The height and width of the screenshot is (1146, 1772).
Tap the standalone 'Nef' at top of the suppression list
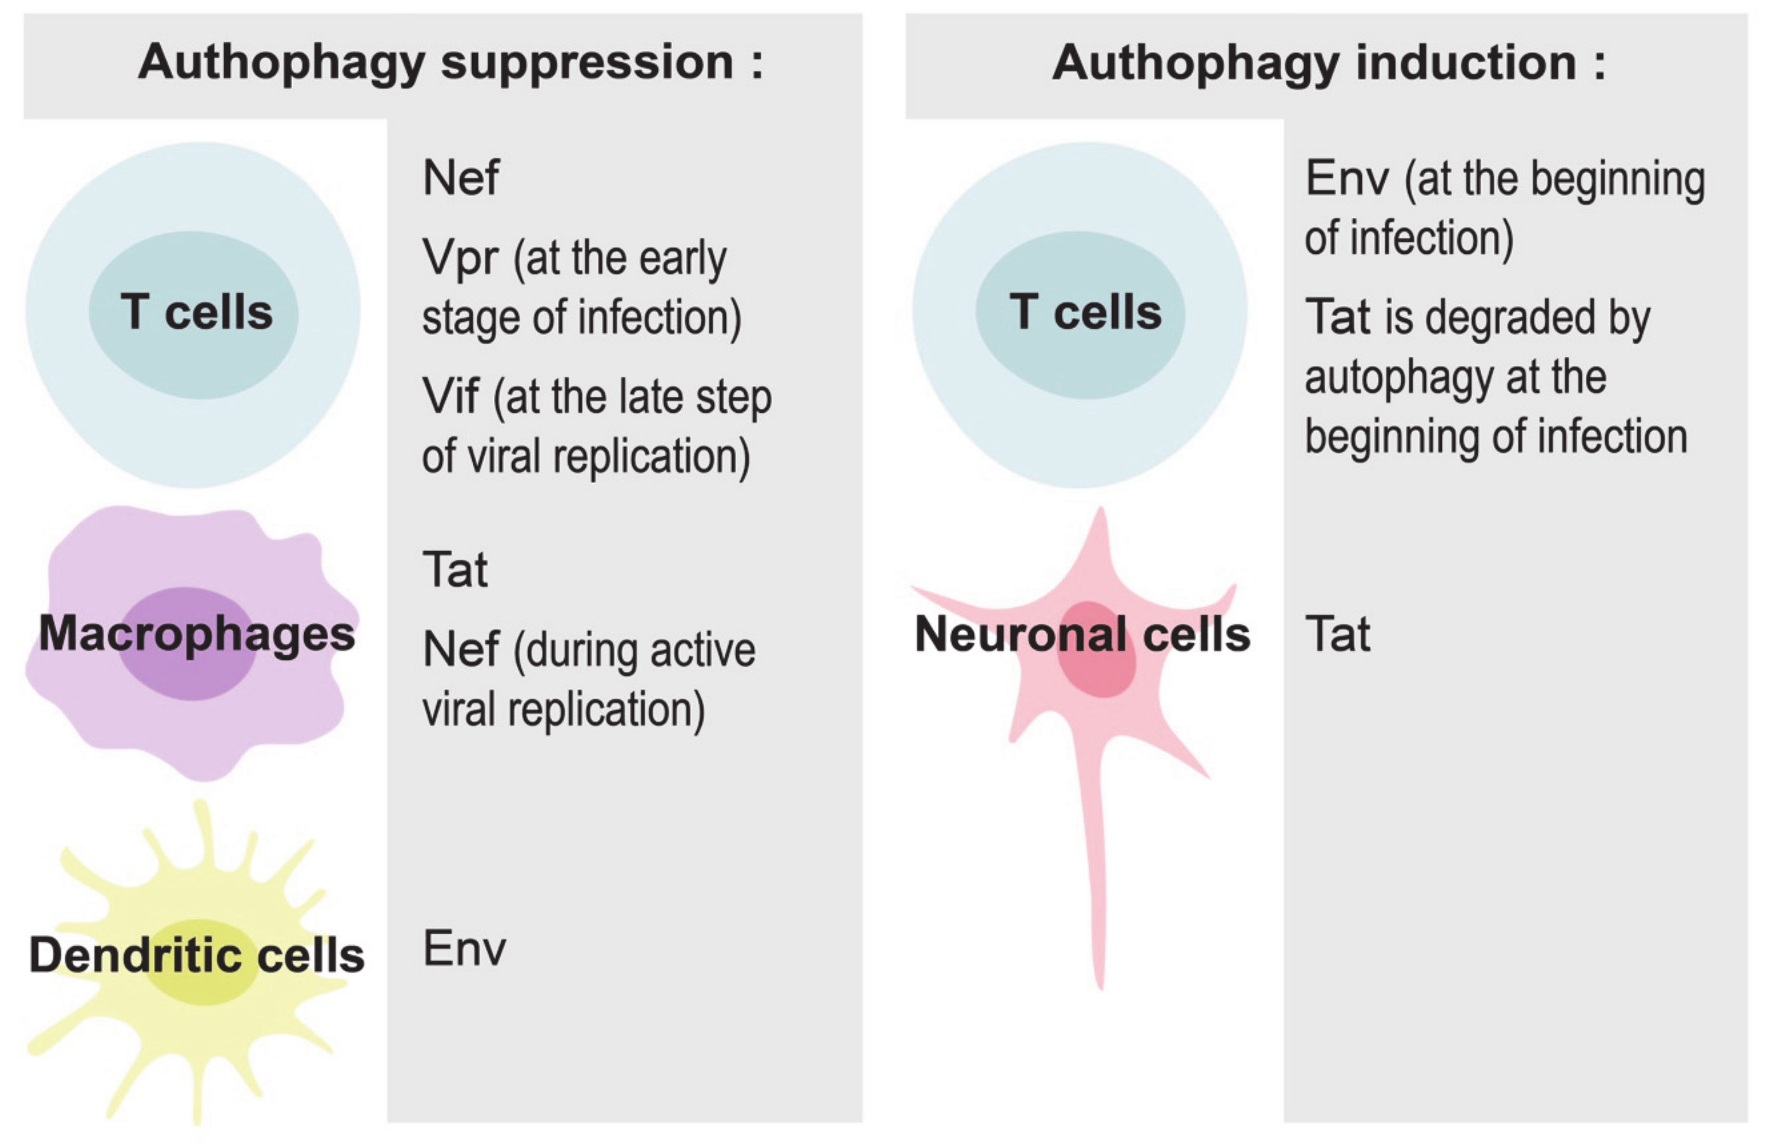coord(461,178)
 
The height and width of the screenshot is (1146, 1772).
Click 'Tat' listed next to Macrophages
coord(454,570)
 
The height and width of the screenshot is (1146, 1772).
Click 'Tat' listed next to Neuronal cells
coord(1337,635)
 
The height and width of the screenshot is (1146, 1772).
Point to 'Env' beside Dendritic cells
coord(463,949)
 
